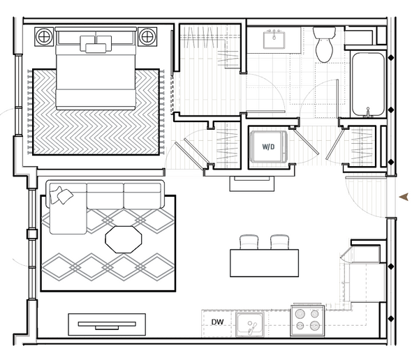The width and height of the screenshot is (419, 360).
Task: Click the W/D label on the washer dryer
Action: (268, 147)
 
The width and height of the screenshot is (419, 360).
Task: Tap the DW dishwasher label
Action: (217, 322)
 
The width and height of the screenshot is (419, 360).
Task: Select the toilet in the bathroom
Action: (324, 45)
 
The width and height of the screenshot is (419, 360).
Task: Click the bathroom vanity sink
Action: (274, 39)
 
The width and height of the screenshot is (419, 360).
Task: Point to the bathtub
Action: (368, 84)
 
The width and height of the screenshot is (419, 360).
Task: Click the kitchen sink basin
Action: (249, 324)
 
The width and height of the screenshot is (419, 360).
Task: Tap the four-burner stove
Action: (307, 320)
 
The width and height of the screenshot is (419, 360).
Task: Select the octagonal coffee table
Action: (124, 239)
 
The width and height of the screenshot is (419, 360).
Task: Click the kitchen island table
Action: (264, 263)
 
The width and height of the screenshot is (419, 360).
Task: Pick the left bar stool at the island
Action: (249, 242)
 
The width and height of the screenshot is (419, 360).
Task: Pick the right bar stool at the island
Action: (279, 242)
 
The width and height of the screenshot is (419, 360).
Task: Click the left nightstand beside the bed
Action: (44, 36)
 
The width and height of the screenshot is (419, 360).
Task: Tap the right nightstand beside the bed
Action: (147, 36)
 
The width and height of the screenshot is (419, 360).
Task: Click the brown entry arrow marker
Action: (404, 197)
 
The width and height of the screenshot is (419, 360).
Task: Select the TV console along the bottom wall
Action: (107, 324)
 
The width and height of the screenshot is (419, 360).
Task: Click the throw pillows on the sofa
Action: (61, 195)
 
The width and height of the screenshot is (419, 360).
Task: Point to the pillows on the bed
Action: (96, 43)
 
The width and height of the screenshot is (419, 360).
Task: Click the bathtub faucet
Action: (368, 112)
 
